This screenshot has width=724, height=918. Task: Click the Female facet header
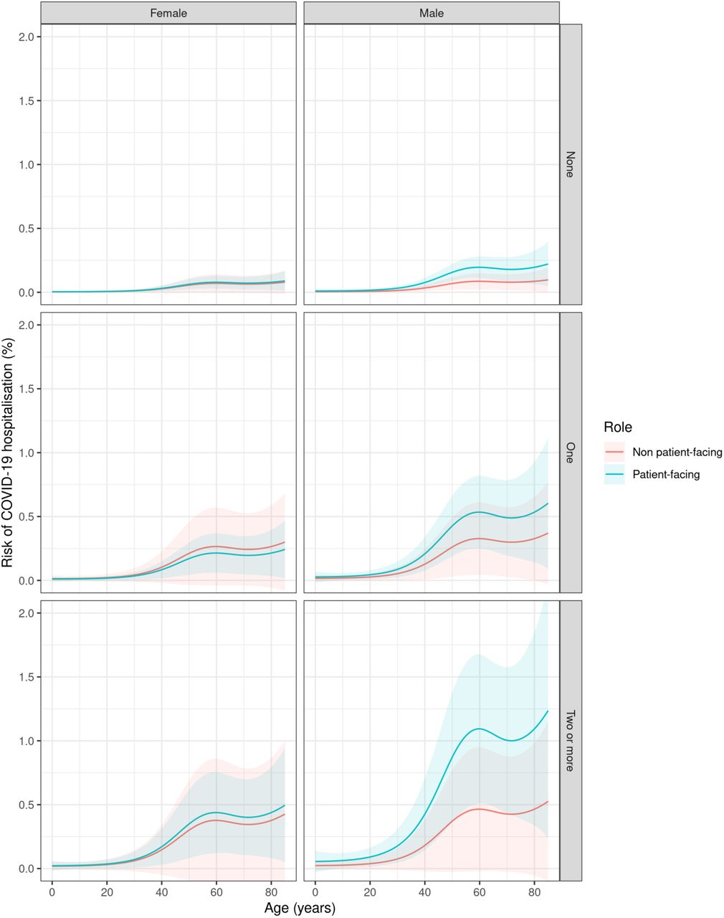168,13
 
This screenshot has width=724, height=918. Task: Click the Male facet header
432,13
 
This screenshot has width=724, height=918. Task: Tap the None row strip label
571,164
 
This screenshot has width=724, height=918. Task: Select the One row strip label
571,453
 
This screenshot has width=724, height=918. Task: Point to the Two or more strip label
571,741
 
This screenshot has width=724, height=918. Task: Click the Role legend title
618,427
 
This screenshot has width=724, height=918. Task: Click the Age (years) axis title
300,908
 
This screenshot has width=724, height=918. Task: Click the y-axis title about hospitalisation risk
8,452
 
